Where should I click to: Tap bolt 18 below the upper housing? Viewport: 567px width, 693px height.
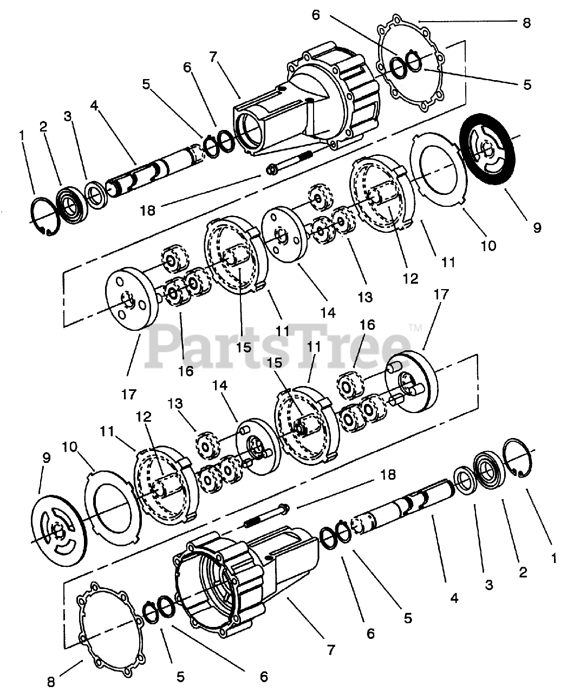coord(292,162)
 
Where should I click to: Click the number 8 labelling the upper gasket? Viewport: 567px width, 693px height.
coord(526,23)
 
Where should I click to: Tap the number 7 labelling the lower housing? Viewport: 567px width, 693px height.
coord(331,649)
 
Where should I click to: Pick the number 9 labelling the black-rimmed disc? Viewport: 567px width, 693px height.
coord(537,227)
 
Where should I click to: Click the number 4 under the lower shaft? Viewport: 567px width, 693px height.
coord(454,598)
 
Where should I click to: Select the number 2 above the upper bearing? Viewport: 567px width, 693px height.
coord(43,126)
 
